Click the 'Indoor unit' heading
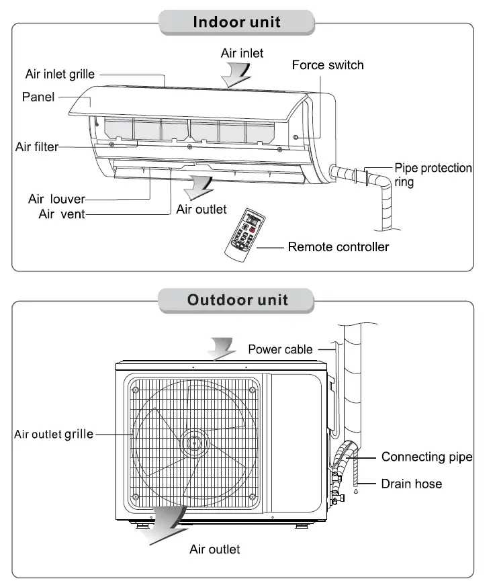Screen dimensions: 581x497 (236, 21)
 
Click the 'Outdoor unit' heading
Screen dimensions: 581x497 (237, 300)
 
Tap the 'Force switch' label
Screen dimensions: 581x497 (328, 65)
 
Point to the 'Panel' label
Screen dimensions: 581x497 (38, 97)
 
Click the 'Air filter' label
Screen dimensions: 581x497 (37, 146)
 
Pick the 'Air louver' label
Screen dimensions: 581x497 (56, 199)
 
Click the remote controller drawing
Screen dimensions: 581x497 (245, 234)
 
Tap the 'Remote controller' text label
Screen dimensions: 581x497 (338, 247)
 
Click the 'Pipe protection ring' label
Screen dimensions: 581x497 (432, 175)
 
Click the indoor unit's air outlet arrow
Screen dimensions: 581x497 (199, 183)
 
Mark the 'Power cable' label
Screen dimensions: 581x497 (280, 349)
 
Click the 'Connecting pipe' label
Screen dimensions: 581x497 (426, 457)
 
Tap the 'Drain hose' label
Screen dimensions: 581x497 (412, 484)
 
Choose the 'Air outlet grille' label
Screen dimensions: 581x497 (54, 434)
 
